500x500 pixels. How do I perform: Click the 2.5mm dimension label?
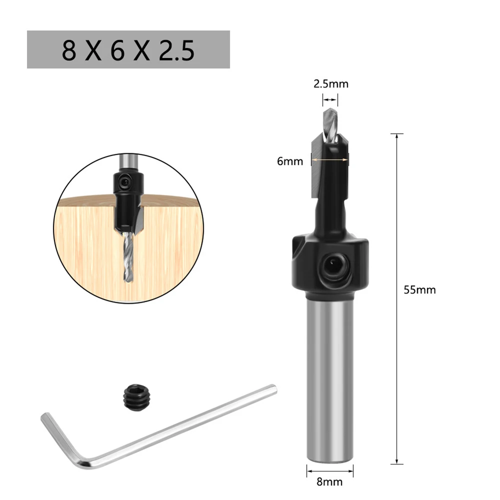click(x=331, y=84)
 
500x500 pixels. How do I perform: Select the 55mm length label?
click(x=420, y=290)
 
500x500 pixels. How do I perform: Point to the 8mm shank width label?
click(x=330, y=482)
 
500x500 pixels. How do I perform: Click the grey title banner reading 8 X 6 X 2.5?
click(x=128, y=49)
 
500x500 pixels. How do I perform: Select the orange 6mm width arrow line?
click(x=330, y=159)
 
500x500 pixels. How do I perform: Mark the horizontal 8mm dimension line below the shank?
click(x=330, y=470)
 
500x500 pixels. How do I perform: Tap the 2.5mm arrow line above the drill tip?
click(x=330, y=100)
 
